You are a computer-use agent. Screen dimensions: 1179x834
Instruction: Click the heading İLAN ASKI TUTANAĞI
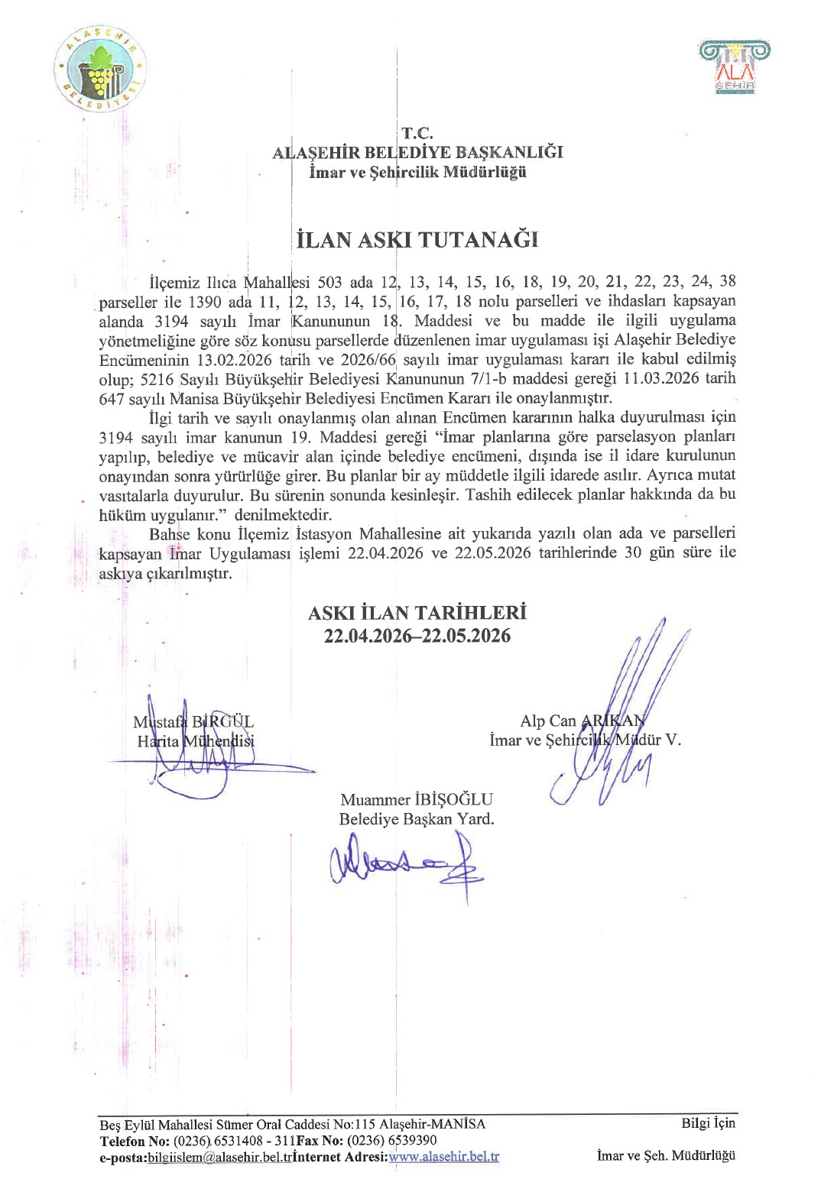pyautogui.click(x=417, y=240)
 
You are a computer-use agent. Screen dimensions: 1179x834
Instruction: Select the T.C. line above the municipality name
pyautogui.click(x=417, y=134)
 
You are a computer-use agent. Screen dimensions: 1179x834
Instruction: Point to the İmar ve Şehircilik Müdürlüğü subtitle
pyautogui.click(x=417, y=172)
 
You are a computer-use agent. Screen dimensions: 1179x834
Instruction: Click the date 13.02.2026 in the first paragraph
pyautogui.click(x=235, y=359)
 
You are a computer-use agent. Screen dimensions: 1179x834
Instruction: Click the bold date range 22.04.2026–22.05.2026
pyautogui.click(x=417, y=636)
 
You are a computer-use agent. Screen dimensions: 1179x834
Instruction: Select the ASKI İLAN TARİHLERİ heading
pyautogui.click(x=417, y=613)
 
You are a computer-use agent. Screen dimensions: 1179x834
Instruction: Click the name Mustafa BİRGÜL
pyautogui.click(x=193, y=721)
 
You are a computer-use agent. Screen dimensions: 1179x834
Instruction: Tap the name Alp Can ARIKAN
pyautogui.click(x=583, y=721)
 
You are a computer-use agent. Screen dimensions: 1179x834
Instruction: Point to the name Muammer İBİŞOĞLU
pyautogui.click(x=417, y=799)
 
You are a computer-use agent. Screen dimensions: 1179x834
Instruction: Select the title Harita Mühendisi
pyautogui.click(x=196, y=741)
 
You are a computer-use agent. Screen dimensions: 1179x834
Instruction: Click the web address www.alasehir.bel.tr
pyautogui.click(x=444, y=1157)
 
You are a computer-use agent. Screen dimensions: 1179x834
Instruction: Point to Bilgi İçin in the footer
pyautogui.click(x=708, y=1123)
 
